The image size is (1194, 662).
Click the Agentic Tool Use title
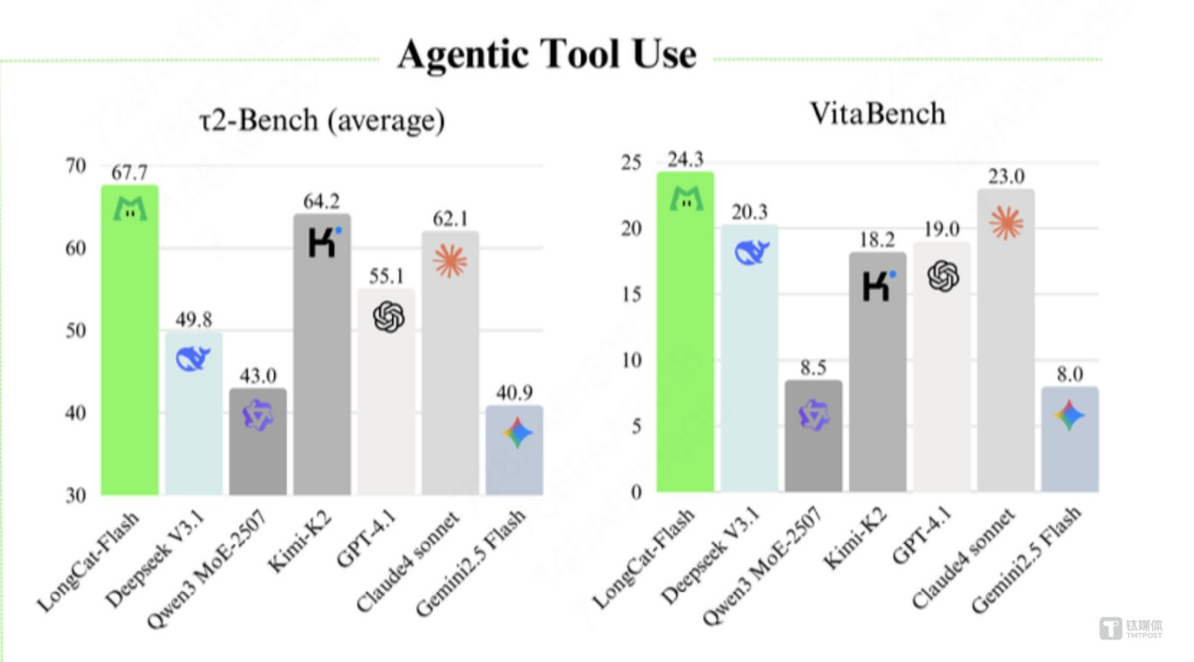[x=547, y=55]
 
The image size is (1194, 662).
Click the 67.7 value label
[x=129, y=173]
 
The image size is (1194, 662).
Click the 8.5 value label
[x=812, y=369]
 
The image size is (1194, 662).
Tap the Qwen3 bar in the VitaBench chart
[x=813, y=436]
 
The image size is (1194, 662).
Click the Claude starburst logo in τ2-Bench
[x=449, y=261]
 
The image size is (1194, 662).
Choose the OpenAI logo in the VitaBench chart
[x=942, y=276]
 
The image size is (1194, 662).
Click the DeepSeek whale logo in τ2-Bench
[x=193, y=358]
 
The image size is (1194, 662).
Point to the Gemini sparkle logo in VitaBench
[x=1068, y=415]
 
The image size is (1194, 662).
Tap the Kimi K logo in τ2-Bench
[x=323, y=242]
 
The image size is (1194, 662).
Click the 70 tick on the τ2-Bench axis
[x=76, y=166]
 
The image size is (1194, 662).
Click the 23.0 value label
[x=1007, y=177]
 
